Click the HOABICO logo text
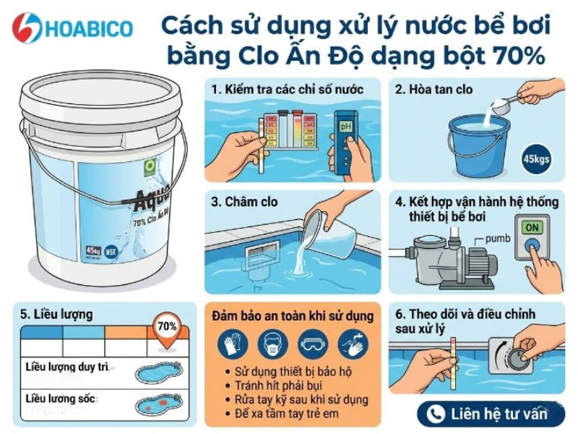click(x=90, y=28)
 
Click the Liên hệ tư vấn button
click(x=491, y=414)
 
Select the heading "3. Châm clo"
click(x=244, y=202)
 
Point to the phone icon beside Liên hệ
click(x=435, y=414)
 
